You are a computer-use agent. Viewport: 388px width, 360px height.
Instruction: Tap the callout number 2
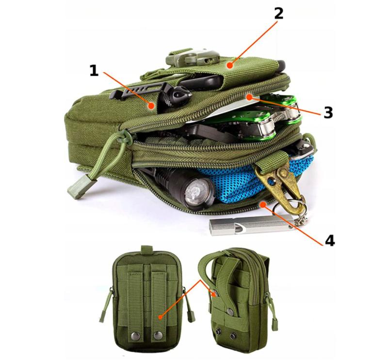click(x=278, y=13)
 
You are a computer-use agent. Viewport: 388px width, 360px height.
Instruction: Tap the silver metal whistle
click(x=250, y=225)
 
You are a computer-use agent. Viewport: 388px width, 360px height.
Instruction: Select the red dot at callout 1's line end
click(x=151, y=106)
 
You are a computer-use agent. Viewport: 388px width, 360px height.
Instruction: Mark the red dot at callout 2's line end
click(x=230, y=65)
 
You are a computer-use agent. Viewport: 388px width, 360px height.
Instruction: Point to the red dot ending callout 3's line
click(x=249, y=98)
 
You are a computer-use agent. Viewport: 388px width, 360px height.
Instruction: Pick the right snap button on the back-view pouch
click(x=158, y=335)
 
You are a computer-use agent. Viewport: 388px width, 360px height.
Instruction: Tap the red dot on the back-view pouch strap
click(x=161, y=317)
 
